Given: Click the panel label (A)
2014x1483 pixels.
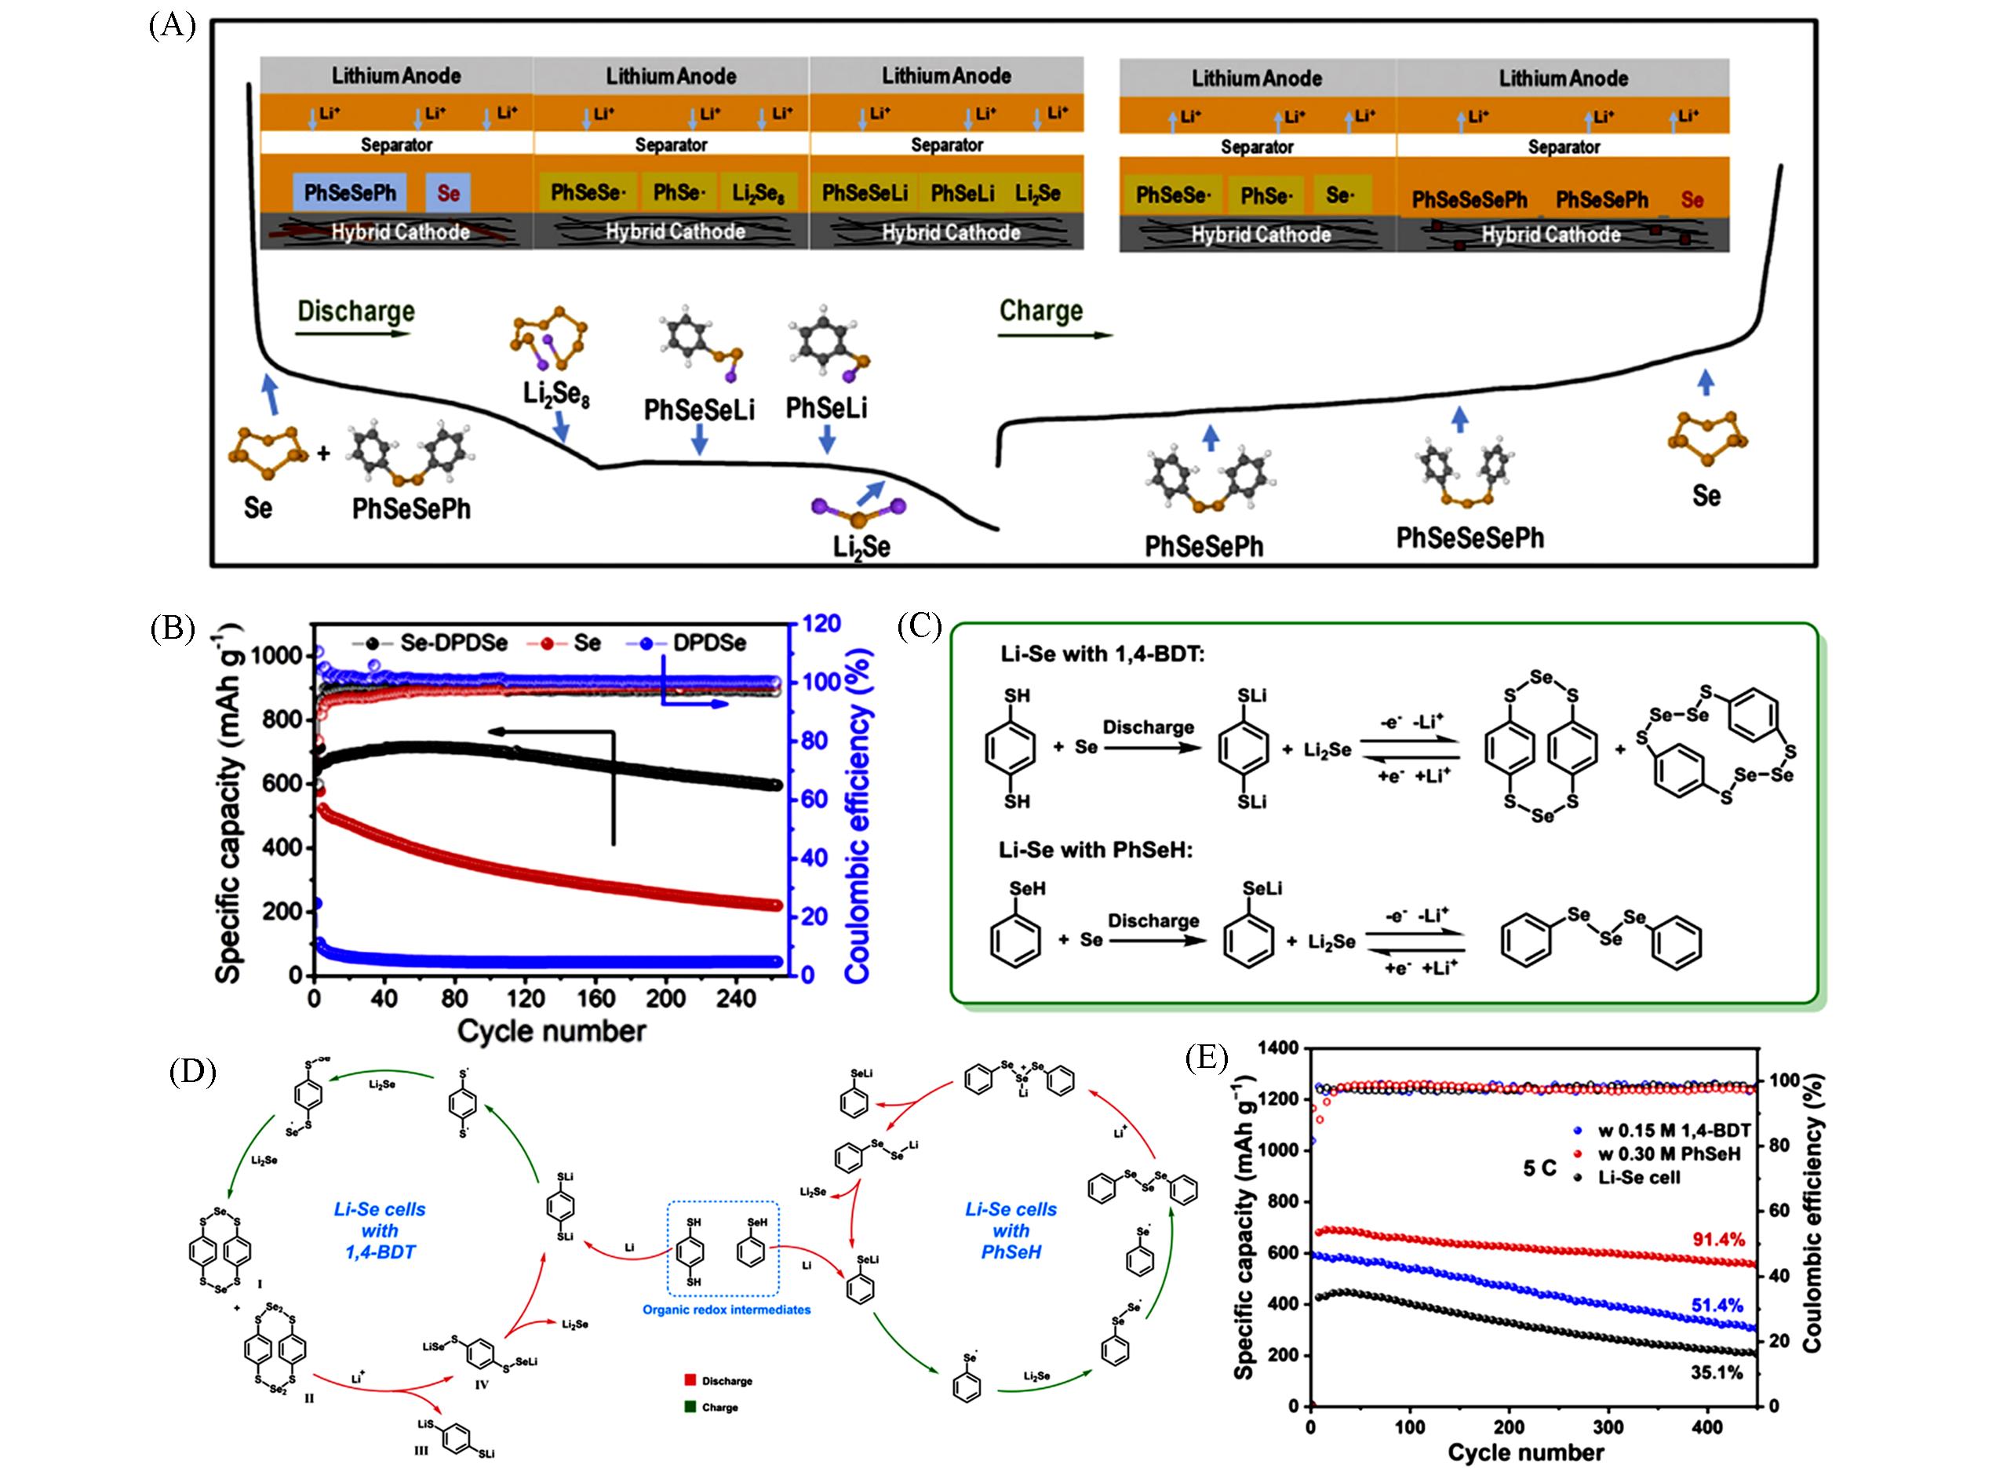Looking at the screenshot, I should tap(171, 26).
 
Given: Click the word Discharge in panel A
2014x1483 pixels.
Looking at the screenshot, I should tap(355, 312).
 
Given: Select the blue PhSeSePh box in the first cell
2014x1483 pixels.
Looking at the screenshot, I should tap(349, 193).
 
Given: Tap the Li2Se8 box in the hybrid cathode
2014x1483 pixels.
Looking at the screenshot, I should tap(759, 193).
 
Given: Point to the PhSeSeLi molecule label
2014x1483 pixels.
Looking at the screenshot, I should tap(699, 410).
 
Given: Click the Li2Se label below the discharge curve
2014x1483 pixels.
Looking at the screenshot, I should tap(861, 547).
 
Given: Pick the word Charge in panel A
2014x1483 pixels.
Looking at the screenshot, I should tap(1041, 311).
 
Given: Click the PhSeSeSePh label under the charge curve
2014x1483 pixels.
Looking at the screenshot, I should tap(1470, 538).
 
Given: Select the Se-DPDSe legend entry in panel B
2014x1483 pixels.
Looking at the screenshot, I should tap(453, 643).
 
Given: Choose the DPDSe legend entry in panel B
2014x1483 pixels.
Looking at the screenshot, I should tap(709, 643).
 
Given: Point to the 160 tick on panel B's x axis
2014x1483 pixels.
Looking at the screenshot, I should tap(595, 998).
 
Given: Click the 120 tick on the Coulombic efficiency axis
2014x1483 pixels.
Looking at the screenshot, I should tap(821, 624).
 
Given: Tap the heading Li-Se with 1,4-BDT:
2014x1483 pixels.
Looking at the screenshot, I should tap(1102, 654).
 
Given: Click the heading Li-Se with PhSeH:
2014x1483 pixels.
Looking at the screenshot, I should tap(1096, 849).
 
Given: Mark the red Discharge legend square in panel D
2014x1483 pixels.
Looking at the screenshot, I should tap(690, 1379).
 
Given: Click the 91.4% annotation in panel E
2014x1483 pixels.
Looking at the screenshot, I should tap(1718, 1240).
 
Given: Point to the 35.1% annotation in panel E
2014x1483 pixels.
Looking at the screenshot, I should tap(1716, 1372).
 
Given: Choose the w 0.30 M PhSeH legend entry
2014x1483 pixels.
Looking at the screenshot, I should tap(1669, 1153).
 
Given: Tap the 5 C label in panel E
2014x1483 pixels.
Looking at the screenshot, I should tap(1539, 1168).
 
